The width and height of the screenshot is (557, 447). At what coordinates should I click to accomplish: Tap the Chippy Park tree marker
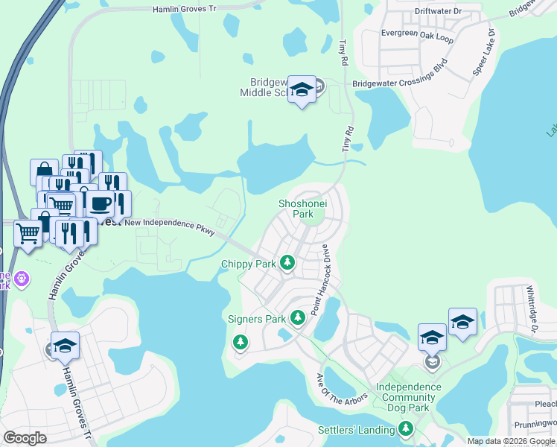(287, 264)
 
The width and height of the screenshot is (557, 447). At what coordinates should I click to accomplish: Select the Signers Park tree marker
(298, 319)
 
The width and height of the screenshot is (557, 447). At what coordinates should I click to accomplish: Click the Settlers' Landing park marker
(406, 429)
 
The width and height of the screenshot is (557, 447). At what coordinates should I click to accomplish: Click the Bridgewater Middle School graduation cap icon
(302, 90)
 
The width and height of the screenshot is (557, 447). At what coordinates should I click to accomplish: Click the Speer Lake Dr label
(483, 52)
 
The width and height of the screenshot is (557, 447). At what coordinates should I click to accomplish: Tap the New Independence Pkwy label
(170, 226)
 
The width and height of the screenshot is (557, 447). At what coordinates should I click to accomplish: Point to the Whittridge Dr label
(532, 308)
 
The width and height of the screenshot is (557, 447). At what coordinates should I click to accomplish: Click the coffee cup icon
(102, 202)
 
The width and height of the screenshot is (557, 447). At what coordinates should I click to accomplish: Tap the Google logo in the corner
(25, 438)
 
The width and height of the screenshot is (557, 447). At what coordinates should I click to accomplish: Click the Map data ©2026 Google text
(510, 441)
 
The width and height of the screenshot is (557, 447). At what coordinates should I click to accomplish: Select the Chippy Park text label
(249, 264)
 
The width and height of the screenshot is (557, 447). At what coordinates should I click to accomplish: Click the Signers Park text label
(257, 320)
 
